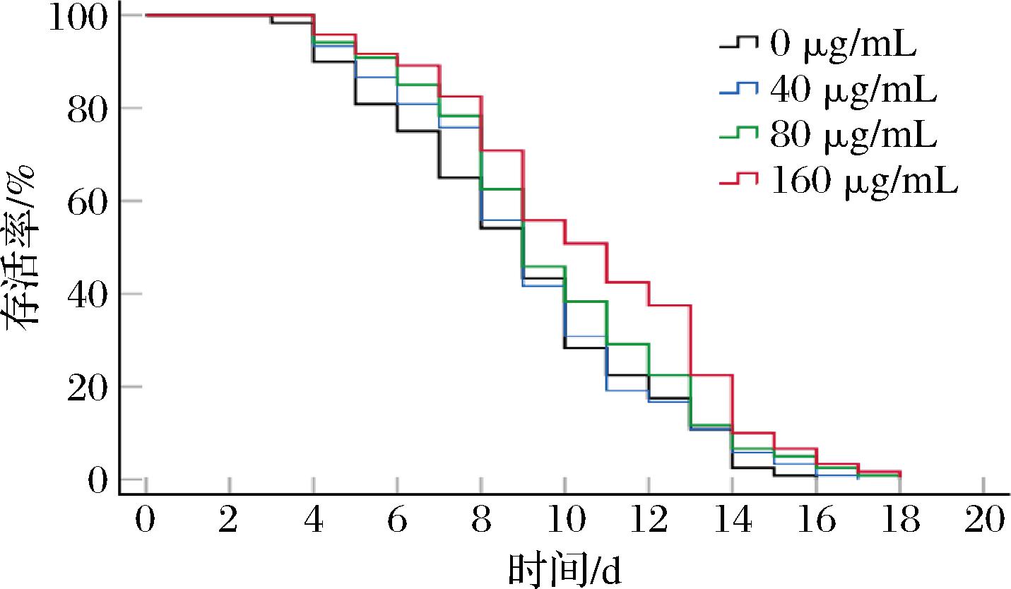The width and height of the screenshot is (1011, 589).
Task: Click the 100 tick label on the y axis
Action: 78,18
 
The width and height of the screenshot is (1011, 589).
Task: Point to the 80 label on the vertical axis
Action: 88,110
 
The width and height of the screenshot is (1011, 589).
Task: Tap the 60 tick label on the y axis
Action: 88,203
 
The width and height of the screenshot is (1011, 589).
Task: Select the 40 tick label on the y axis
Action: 88,296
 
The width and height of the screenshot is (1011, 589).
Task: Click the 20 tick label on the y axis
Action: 88,388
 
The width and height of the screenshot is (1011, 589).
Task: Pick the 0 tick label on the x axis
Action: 145,520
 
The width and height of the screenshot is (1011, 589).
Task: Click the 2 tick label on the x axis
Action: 228,520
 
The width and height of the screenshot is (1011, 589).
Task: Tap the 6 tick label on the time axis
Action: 397,520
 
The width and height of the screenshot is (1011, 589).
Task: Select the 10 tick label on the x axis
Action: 565,520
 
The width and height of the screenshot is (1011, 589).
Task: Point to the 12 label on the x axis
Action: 649,520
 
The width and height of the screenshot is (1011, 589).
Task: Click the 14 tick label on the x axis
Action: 733,520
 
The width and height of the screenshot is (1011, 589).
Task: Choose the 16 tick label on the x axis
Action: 817,520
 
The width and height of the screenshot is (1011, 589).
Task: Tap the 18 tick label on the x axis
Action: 900,520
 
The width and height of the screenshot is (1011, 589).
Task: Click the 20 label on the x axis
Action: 984,520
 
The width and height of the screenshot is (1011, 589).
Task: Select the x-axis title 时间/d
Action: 565,570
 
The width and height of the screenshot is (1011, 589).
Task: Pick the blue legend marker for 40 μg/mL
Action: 738,88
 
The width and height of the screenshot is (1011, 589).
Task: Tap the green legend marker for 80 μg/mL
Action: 738,134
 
